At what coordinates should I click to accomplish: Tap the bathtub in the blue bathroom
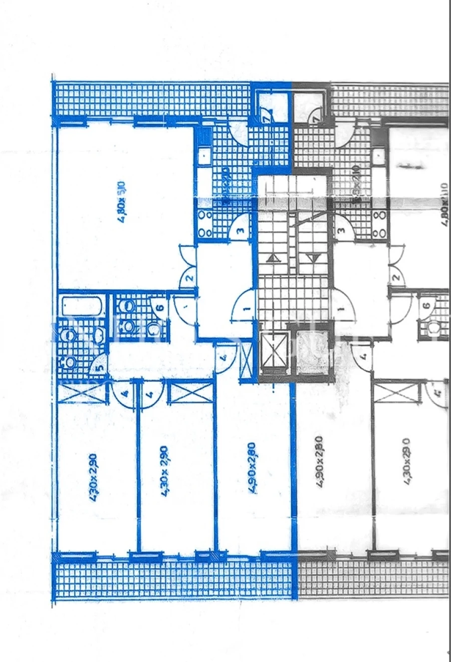(82, 306)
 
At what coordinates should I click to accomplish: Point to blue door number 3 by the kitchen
(241, 231)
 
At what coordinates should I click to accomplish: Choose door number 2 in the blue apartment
(189, 279)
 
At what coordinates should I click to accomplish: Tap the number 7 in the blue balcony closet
(267, 120)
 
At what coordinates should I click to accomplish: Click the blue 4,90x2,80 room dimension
(252, 468)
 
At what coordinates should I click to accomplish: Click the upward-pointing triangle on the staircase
(274, 259)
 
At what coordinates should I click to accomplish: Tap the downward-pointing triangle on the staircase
(313, 259)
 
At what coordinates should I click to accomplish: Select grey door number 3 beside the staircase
(342, 231)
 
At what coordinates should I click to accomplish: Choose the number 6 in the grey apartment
(426, 306)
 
